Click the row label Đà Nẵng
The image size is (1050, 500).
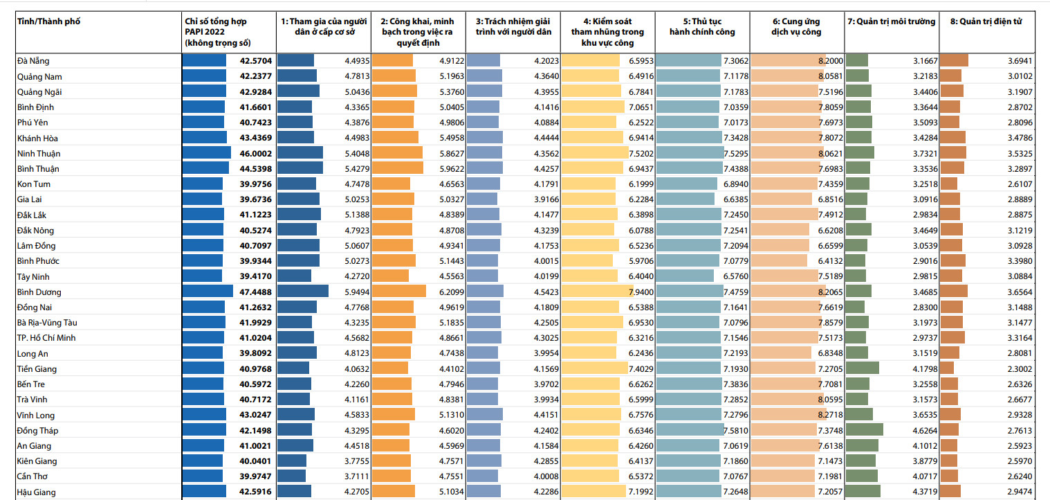coord(33,61)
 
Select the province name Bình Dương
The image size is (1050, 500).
coord(39,292)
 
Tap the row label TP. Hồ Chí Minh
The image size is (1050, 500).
coord(46,338)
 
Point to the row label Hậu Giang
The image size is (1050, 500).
coord(36,492)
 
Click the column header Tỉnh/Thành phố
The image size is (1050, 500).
coord(48,22)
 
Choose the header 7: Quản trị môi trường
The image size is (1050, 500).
coord(891,22)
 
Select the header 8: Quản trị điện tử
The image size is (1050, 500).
coord(986,22)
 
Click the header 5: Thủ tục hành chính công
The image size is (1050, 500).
coord(701,27)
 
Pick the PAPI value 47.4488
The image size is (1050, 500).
coord(256,292)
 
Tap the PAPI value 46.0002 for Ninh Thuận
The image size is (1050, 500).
coord(256,153)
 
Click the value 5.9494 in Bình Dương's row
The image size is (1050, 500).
coord(357,292)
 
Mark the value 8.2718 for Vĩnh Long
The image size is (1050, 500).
coord(830,415)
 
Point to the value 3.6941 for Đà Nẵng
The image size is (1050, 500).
coord(1020,61)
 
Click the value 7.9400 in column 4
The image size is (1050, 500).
coord(641,292)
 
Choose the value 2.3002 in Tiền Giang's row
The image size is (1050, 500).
coord(1020,369)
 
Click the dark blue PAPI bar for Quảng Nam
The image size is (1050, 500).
coord(204,76)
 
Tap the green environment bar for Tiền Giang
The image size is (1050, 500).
coord(863,369)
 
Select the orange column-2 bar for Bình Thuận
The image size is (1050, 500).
coord(397,168)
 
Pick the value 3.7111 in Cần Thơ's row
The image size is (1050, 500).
coord(357,476)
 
